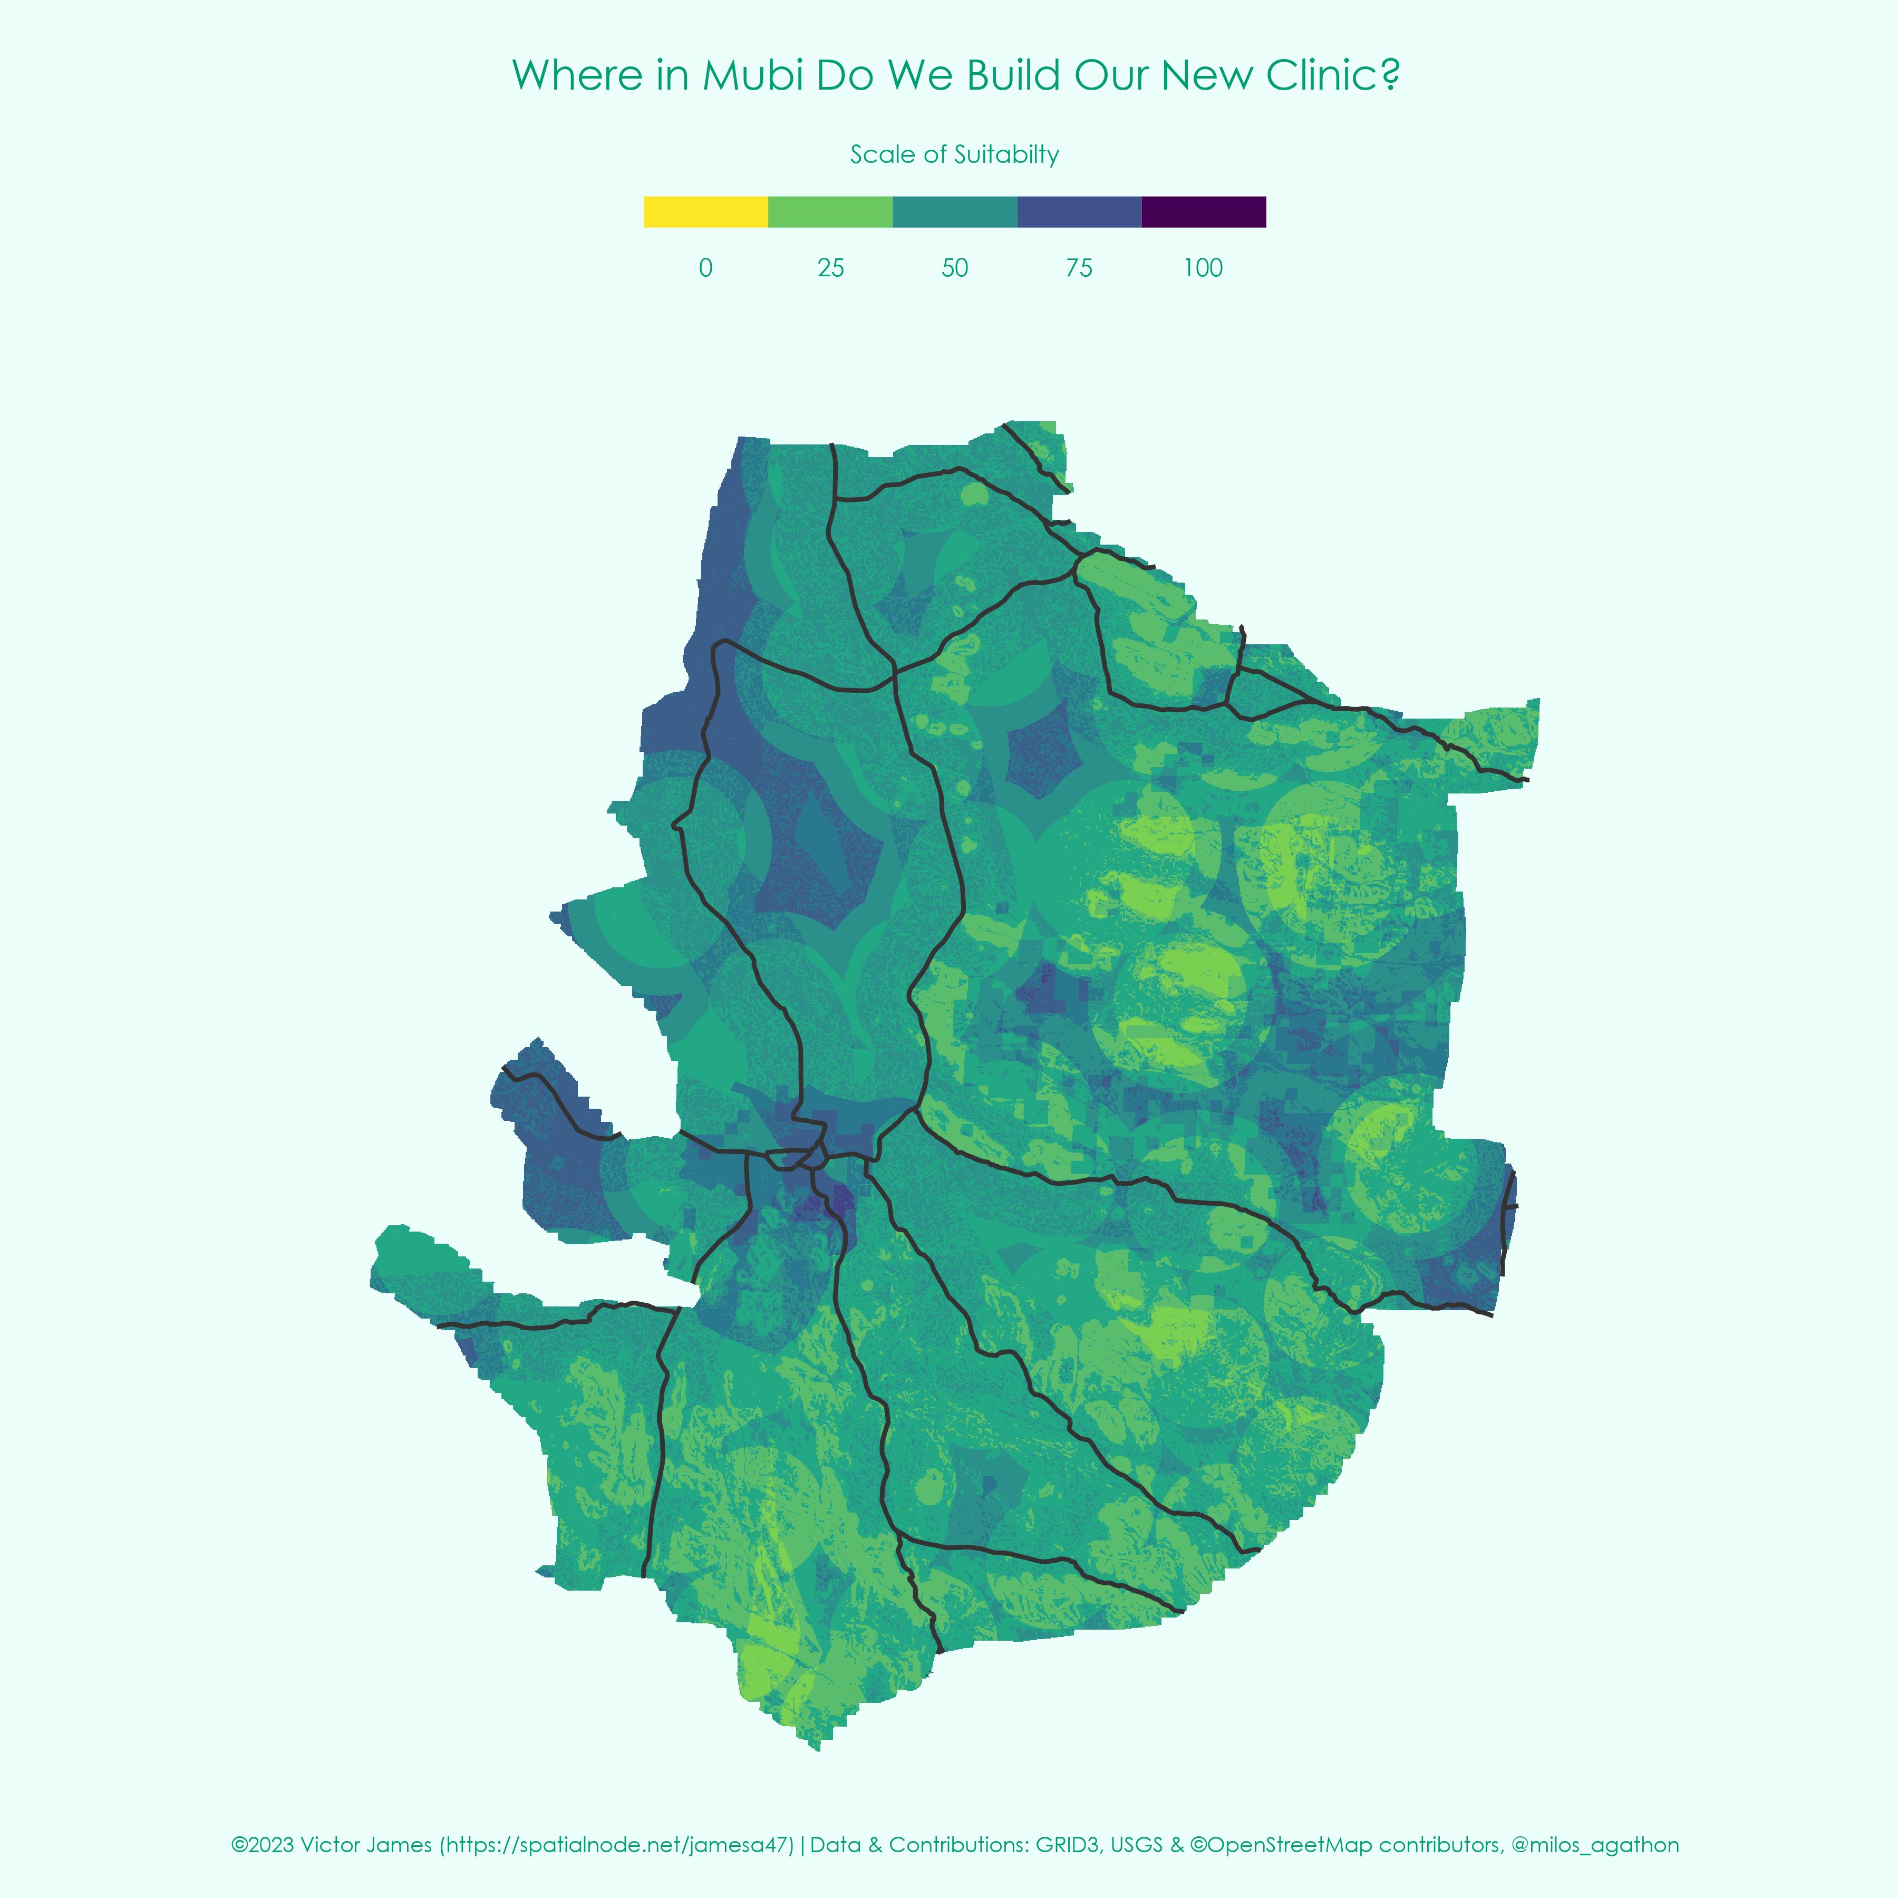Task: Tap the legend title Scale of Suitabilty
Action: tap(954, 154)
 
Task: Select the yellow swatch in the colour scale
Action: tap(705, 212)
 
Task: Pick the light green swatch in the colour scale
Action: tap(830, 212)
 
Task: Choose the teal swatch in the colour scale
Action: tap(955, 212)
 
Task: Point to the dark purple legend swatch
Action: tap(1204, 212)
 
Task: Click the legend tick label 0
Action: tap(705, 268)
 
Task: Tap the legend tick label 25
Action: tap(830, 268)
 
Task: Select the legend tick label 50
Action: tap(955, 268)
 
